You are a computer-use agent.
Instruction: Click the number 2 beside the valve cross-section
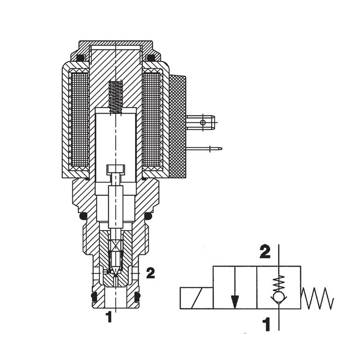[x=150, y=273]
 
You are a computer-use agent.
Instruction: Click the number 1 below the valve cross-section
[x=109, y=317]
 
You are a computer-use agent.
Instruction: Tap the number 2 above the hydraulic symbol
[x=265, y=252]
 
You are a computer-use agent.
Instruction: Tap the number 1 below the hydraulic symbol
[x=266, y=324]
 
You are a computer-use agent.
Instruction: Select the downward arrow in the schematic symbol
[x=235, y=287]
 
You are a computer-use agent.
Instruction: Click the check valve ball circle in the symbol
[x=279, y=298]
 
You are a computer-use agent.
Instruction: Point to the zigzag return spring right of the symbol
[x=317, y=298]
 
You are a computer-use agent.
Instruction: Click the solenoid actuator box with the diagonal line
[x=197, y=298]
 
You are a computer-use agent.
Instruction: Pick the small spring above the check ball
[x=279, y=284]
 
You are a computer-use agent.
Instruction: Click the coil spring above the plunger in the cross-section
[x=116, y=97]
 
